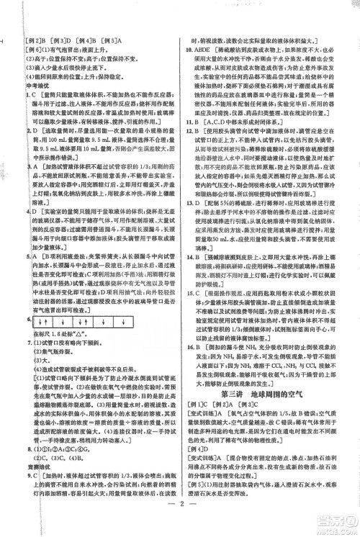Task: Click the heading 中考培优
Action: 29,89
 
